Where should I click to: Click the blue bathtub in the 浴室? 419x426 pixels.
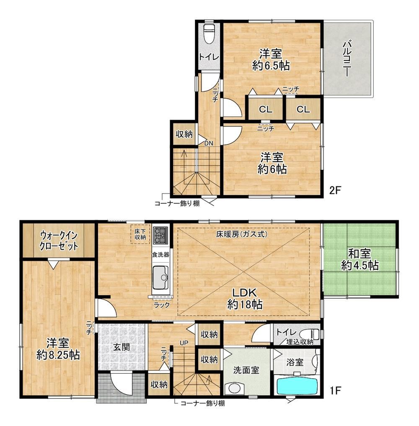(297, 386)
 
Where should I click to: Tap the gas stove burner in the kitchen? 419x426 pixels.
(161, 235)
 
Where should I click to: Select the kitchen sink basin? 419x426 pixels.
(160, 277)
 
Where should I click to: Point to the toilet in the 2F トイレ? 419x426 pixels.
(209, 34)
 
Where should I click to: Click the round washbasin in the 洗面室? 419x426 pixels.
(234, 388)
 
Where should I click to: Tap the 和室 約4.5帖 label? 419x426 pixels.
(360, 260)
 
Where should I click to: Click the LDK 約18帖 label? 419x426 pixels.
(245, 299)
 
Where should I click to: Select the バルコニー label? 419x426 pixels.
(347, 58)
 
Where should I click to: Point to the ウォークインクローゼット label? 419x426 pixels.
(59, 240)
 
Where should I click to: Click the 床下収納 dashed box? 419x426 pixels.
(140, 234)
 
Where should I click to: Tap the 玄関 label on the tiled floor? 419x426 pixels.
(121, 347)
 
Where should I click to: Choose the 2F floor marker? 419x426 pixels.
(335, 190)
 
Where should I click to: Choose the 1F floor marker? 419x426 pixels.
(335, 390)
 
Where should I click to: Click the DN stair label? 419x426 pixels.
(209, 143)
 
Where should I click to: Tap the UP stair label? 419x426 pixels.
(184, 343)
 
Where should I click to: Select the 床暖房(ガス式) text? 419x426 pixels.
(242, 233)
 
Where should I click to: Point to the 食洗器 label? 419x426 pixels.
(160, 255)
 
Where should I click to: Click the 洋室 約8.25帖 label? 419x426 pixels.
(58, 349)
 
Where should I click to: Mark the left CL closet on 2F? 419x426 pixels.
(266, 109)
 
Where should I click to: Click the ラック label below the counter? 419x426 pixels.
(162, 305)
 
